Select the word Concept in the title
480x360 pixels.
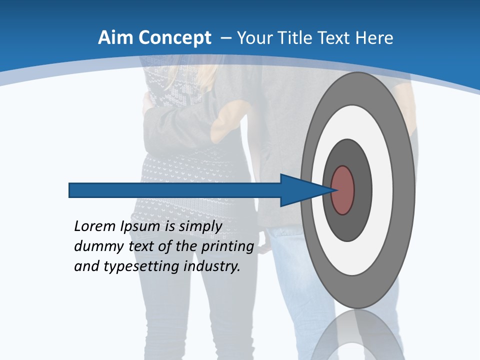tap(175, 38)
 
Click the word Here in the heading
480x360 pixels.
tap(374, 38)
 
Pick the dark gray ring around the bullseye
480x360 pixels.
tap(362, 190)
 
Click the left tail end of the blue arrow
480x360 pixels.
tap(71, 190)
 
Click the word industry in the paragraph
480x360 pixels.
tap(211, 267)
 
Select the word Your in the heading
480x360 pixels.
tap(256, 38)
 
